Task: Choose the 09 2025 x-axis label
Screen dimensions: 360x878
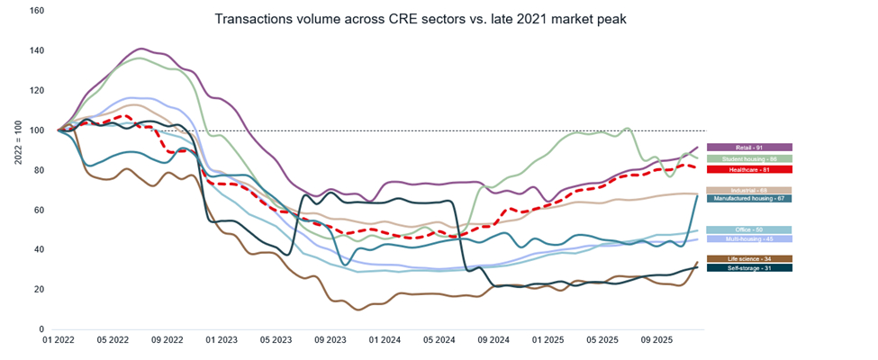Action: [x=657, y=342]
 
